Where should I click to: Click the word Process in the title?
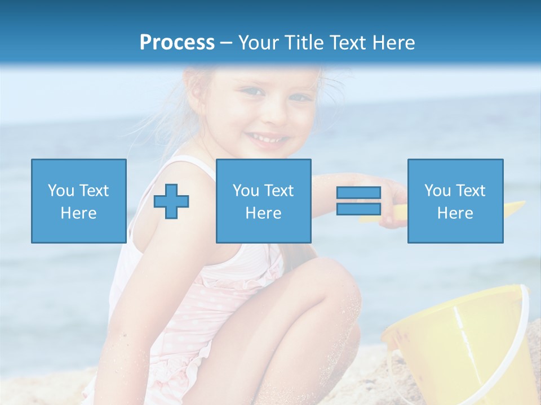pyautogui.click(x=177, y=43)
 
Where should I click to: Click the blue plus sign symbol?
pyautogui.click(x=171, y=201)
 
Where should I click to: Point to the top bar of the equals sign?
pyautogui.click(x=358, y=192)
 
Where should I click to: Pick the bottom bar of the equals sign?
pyautogui.click(x=358, y=209)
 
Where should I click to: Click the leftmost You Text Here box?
pyautogui.click(x=78, y=201)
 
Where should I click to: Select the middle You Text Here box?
pyautogui.click(x=263, y=201)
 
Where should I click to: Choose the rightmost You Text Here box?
pyautogui.click(x=455, y=201)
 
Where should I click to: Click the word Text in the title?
pyautogui.click(x=345, y=43)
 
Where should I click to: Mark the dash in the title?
pyautogui.click(x=226, y=43)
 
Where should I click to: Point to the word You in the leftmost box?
pyautogui.click(x=60, y=191)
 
